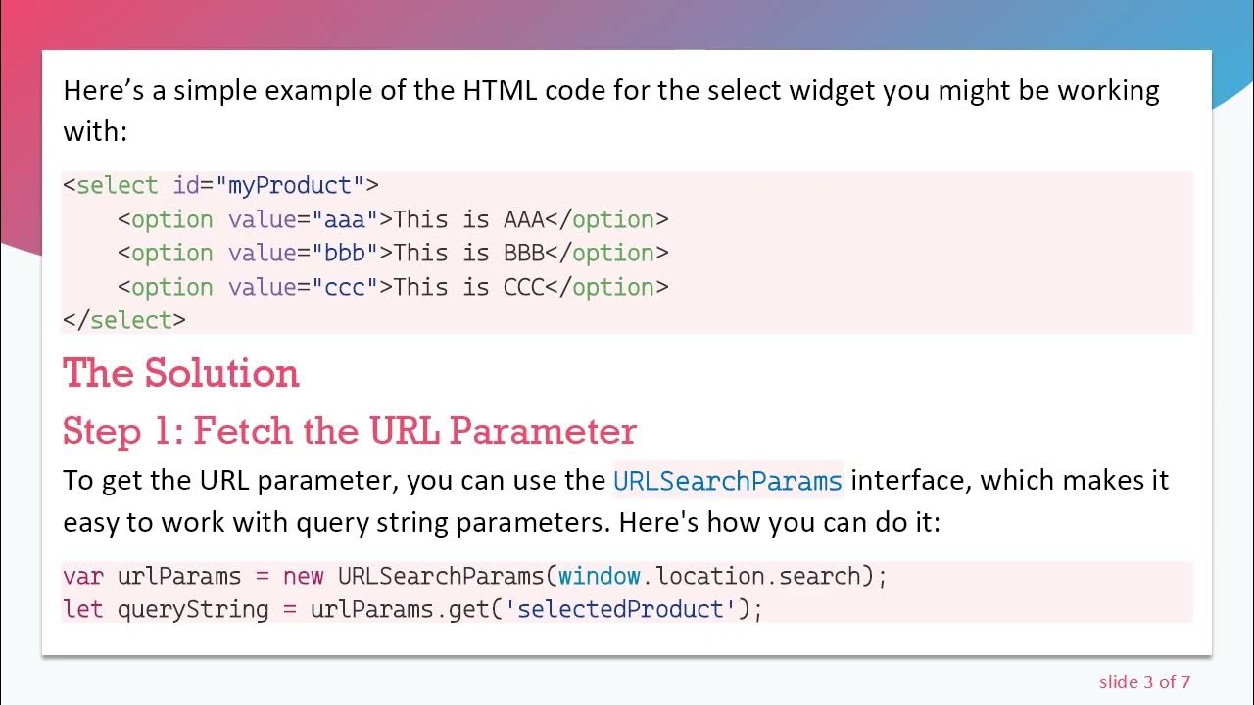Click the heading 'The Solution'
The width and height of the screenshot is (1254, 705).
tap(180, 374)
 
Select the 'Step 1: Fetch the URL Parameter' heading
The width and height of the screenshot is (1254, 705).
tap(350, 431)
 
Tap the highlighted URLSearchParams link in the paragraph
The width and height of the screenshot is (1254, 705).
tap(727, 481)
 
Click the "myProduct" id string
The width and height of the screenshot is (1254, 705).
tap(289, 185)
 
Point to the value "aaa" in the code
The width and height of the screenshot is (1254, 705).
tap(345, 219)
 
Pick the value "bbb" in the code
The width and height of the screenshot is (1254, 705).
tap(345, 253)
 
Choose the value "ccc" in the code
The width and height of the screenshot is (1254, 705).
tap(345, 287)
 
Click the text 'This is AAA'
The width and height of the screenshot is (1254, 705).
tap(468, 219)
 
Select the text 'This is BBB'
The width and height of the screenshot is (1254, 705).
tap(468, 253)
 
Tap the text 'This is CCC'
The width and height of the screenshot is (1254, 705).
tap(468, 287)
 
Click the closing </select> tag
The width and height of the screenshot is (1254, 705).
tap(123, 320)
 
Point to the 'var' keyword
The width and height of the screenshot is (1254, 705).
tap(82, 576)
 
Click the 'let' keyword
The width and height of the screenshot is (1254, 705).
tap(82, 609)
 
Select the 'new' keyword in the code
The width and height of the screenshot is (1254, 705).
tap(303, 576)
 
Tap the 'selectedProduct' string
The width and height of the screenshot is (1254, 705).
tap(620, 609)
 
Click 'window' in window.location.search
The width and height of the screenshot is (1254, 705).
tap(599, 576)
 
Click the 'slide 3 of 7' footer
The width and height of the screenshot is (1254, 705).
tap(1144, 681)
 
